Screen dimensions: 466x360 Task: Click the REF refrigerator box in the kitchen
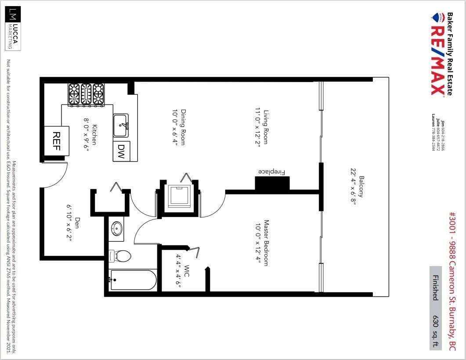[x=57, y=141]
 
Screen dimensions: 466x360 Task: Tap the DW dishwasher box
[x=121, y=151]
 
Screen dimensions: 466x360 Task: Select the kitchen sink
[x=121, y=126]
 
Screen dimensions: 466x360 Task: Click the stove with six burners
[x=86, y=94]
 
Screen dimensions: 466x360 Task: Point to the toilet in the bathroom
[x=120, y=256]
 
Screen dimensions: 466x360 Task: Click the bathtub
[x=133, y=280]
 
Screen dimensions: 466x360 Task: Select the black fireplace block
[x=272, y=183]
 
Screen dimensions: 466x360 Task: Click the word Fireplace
[x=271, y=172]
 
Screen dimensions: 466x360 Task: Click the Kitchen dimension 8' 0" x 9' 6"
[x=86, y=135]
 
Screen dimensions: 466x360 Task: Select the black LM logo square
[x=13, y=14]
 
